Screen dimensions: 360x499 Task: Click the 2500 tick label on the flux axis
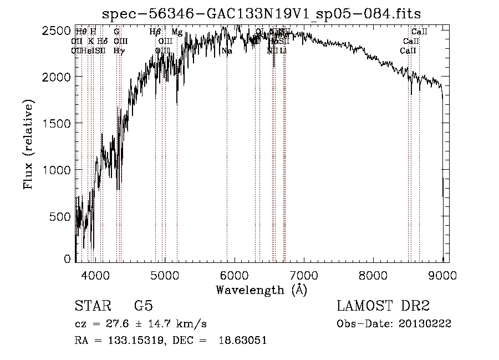pos(57,31)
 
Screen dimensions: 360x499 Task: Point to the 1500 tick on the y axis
pos(57,123)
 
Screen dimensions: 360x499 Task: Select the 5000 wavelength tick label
pos(165,274)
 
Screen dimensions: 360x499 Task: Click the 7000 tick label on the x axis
pos(304,274)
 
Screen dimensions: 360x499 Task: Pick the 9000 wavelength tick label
pos(442,274)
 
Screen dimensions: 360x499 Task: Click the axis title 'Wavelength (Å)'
pos(261,290)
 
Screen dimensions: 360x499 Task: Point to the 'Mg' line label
pos(177,32)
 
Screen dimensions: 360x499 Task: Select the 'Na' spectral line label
pos(227,51)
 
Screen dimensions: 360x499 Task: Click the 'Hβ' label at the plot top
pos(155,32)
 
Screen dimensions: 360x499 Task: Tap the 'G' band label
pos(116,32)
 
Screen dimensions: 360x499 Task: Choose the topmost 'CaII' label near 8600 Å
pos(419,32)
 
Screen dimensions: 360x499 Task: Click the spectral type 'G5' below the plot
pos(143,306)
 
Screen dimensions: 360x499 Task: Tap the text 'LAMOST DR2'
pos(383,306)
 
